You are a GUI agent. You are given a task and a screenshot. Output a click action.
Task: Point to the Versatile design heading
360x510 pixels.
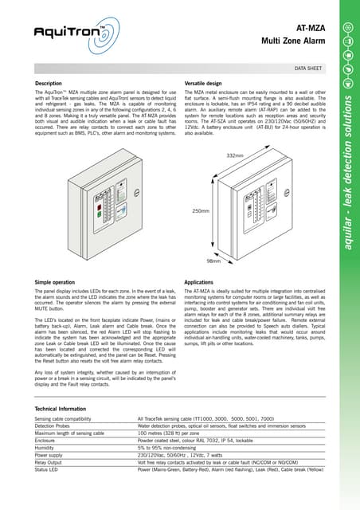[x=208, y=83]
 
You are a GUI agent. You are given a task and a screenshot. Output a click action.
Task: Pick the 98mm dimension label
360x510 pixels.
[x=214, y=261]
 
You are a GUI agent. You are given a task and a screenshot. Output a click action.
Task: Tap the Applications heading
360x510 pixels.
[x=201, y=283]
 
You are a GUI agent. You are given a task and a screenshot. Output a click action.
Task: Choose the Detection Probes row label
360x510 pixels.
[x=56, y=425]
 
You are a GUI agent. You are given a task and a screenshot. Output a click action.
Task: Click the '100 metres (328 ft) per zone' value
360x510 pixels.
[x=174, y=431]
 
